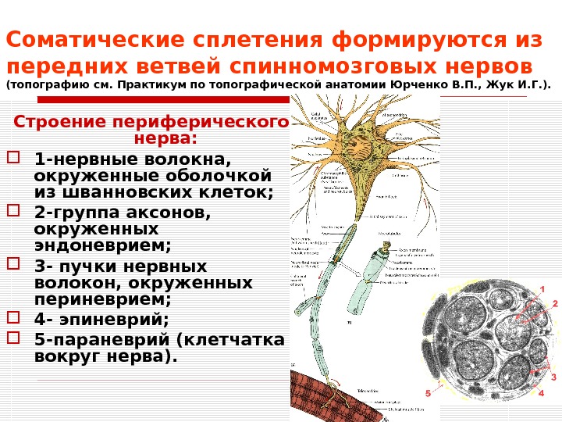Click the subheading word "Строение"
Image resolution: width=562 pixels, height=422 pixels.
pyautogui.click(x=62, y=123)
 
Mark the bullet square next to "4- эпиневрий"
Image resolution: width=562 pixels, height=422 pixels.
pyautogui.click(x=12, y=318)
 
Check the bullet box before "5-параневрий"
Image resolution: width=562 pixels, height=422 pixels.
pyautogui.click(x=12, y=338)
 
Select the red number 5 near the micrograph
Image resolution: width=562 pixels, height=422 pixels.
pyautogui.click(x=428, y=392)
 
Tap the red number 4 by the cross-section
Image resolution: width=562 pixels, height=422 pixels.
pyautogui.click(x=540, y=393)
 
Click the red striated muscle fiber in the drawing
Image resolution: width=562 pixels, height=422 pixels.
pyautogui.click(x=316, y=395)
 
